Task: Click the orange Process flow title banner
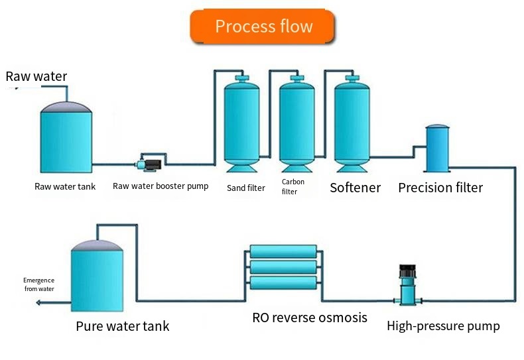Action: tap(263, 27)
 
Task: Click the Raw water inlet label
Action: tap(36, 76)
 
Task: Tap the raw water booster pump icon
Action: tap(150, 161)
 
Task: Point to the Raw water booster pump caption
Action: tap(161, 186)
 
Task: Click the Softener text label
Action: tap(355, 188)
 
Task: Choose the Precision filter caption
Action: tap(440, 188)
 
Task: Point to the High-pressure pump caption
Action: tap(443, 326)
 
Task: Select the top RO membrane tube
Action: tap(283, 252)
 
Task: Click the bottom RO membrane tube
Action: tap(283, 283)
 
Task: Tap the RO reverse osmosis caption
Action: tap(309, 318)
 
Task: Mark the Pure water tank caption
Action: tap(122, 326)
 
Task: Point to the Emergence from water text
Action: tap(38, 284)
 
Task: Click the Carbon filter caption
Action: tap(293, 186)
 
